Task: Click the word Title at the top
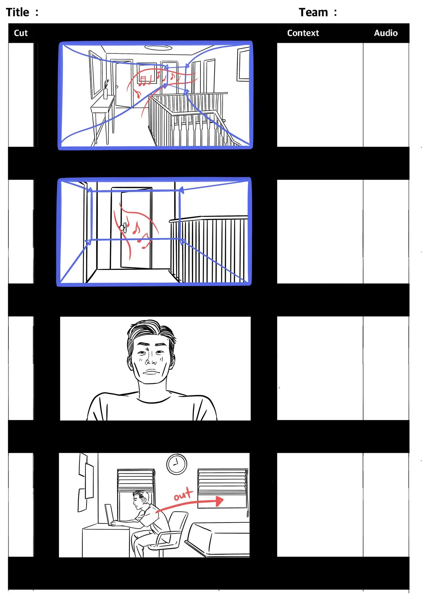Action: pos(17,13)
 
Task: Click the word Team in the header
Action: pos(313,13)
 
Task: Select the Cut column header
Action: pos(21,33)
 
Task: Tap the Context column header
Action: pos(303,33)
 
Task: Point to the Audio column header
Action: pos(385,33)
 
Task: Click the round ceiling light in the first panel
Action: pos(158,47)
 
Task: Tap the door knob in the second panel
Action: pos(122,228)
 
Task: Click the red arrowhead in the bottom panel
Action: pos(219,501)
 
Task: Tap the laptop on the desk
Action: pos(109,515)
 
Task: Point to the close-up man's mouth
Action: pos(151,371)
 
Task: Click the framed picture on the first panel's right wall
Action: pos(243,65)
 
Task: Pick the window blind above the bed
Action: pos(223,481)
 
